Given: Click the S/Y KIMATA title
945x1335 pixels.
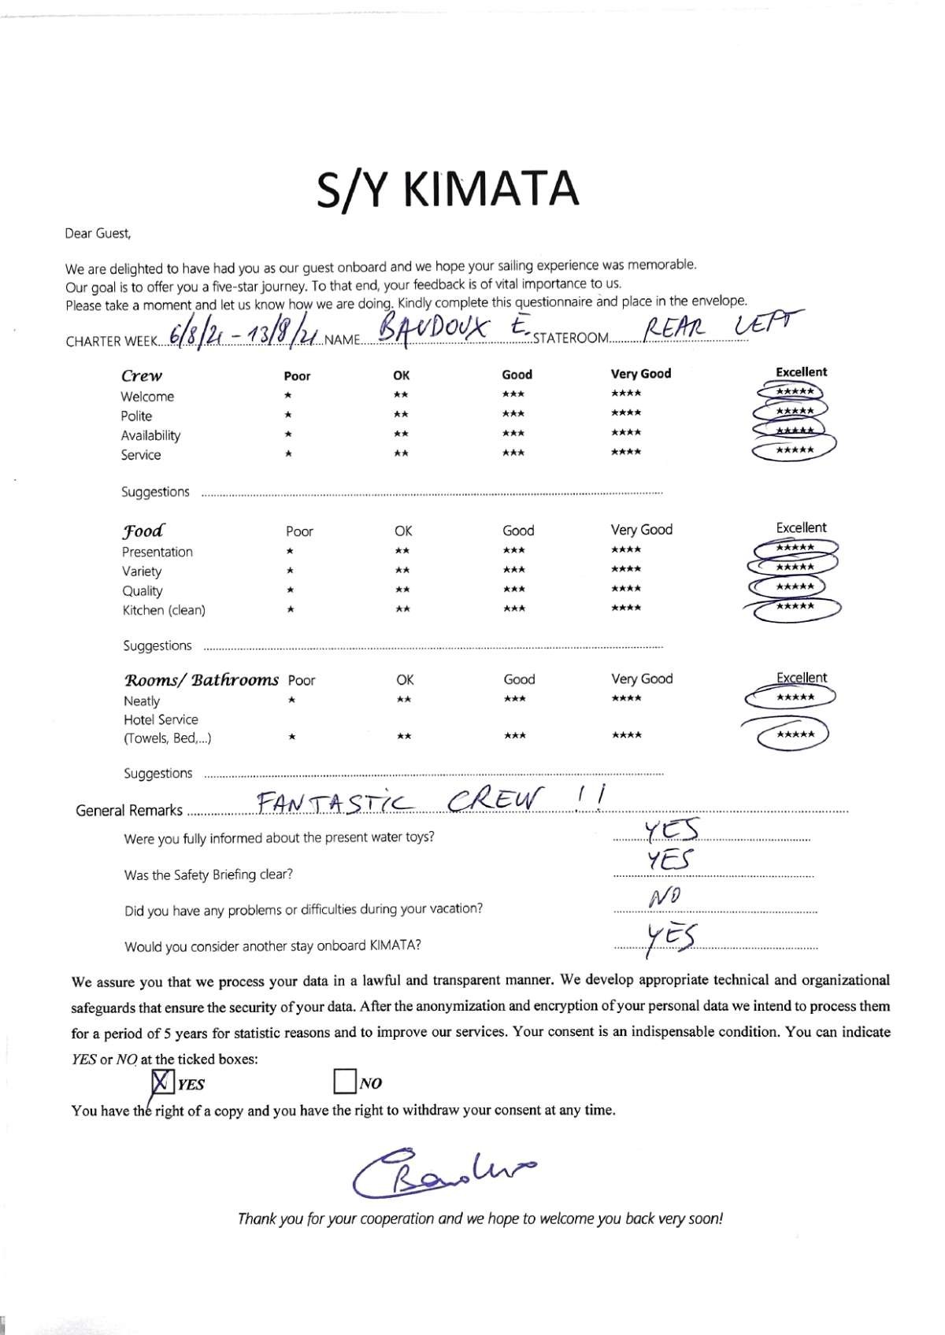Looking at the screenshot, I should point(447,190).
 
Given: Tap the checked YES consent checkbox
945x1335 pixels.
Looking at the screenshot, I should point(161,1082).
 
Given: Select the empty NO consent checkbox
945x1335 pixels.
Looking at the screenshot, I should point(344,1082).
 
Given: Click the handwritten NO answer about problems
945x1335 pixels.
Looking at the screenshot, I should point(665,897).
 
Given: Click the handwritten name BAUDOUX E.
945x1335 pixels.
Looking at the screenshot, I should point(453,330).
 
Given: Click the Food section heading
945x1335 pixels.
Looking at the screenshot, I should point(143,531).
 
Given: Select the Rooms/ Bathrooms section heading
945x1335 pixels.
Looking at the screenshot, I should point(202,679).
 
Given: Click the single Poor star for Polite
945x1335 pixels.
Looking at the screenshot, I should point(289,415).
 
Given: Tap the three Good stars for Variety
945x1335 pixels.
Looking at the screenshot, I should point(513,570).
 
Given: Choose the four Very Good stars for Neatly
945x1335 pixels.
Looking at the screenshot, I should point(626,698).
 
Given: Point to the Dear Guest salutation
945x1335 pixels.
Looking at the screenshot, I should point(98,233).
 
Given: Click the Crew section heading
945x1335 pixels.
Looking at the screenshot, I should point(141,376).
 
